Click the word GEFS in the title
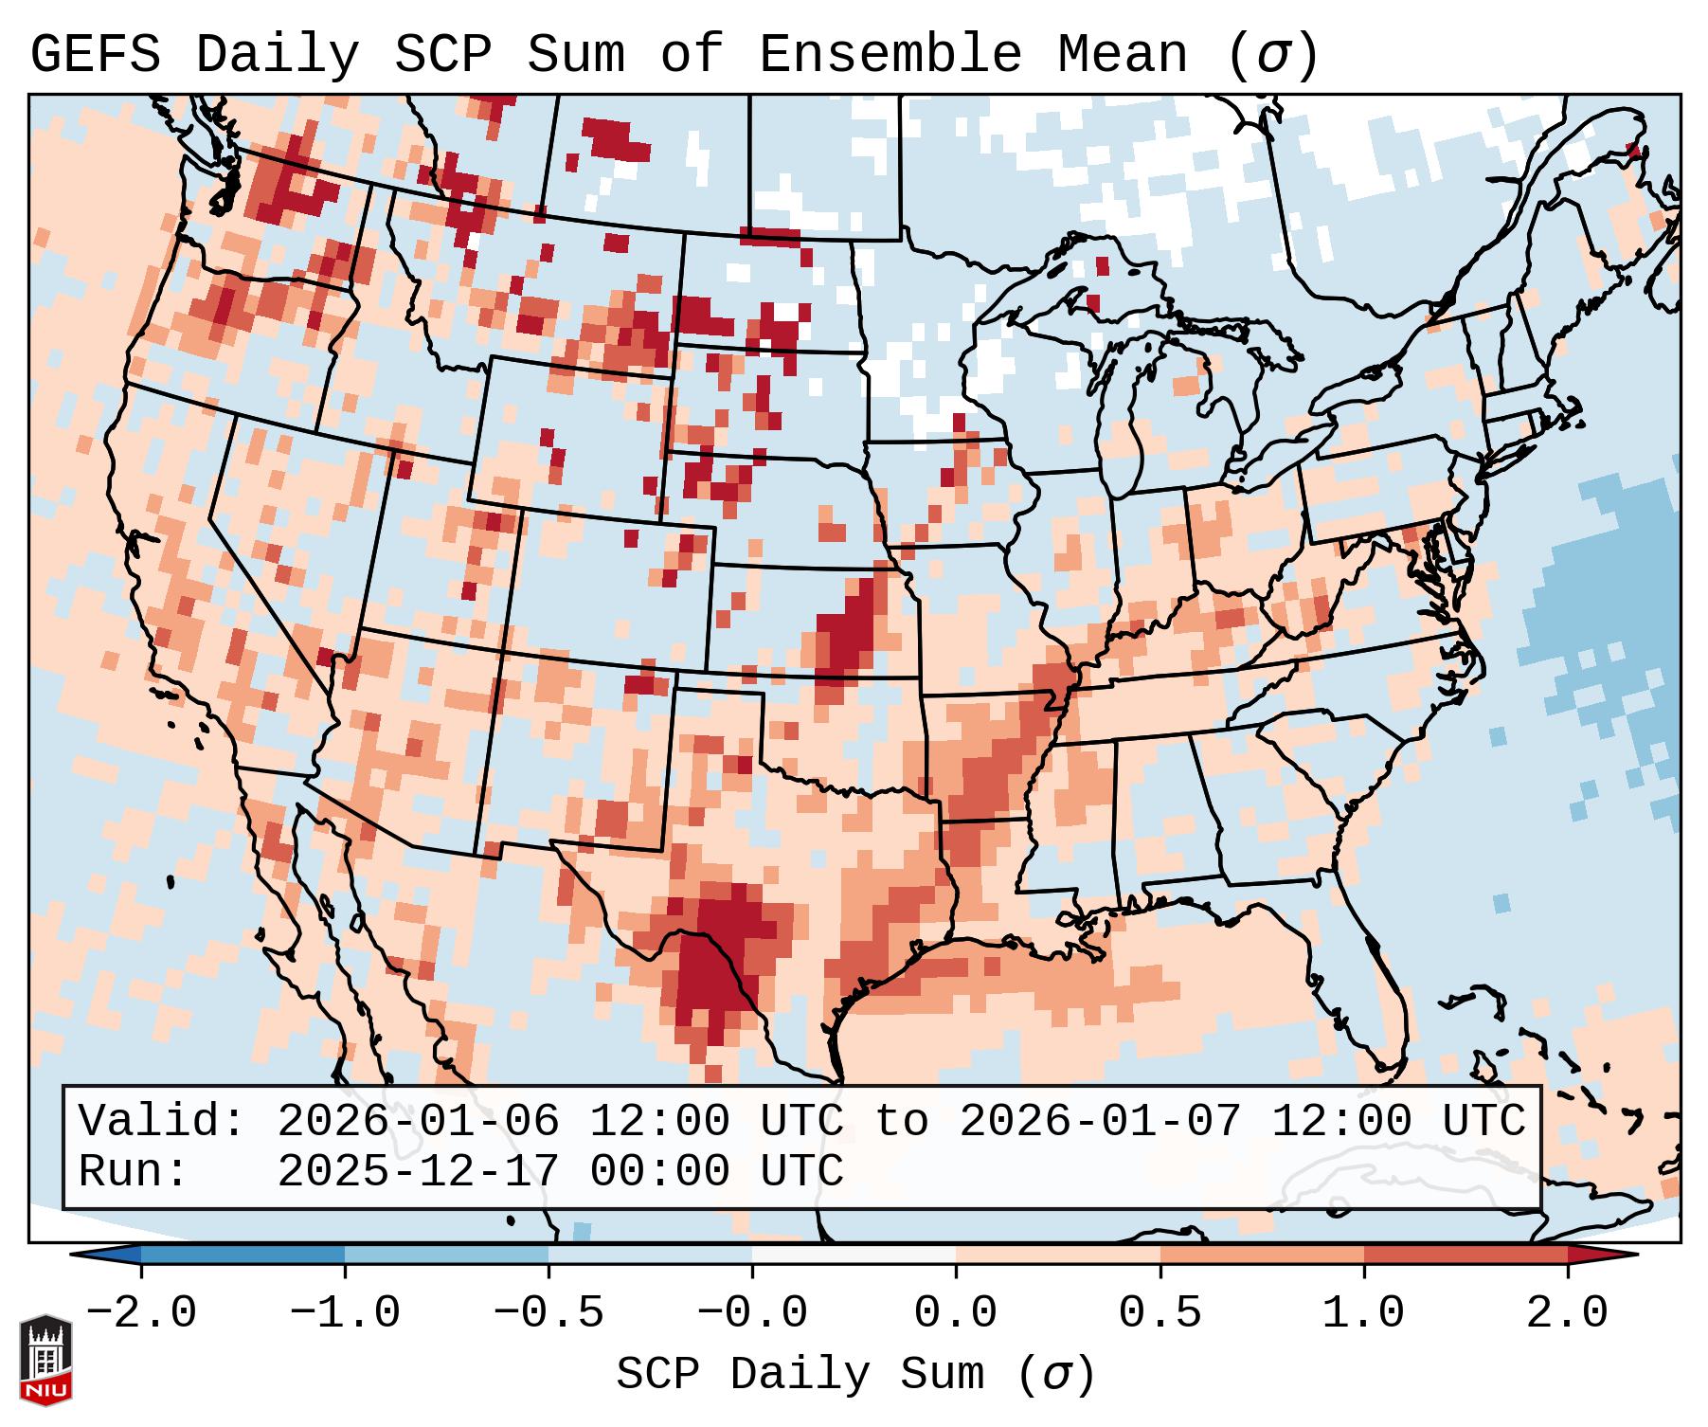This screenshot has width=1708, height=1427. [x=95, y=55]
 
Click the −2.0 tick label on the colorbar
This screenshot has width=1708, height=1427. [x=141, y=1313]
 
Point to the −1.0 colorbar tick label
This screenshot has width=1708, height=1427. [x=345, y=1313]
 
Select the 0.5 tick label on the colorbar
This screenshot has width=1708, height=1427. [x=1160, y=1313]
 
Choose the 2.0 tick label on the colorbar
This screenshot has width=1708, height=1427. [x=1567, y=1313]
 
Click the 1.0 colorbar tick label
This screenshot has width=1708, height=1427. [x=1363, y=1313]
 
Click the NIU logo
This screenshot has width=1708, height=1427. [x=45, y=1360]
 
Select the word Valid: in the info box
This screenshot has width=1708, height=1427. [x=162, y=1121]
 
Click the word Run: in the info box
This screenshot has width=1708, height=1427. [x=134, y=1171]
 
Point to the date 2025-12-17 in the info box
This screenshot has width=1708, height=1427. [x=418, y=1171]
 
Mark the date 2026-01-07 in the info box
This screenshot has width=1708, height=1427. [x=1100, y=1121]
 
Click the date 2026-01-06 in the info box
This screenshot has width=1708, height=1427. [x=418, y=1121]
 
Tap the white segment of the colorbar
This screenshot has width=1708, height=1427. [x=854, y=1255]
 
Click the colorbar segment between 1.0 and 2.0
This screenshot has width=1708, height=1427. [x=1465, y=1255]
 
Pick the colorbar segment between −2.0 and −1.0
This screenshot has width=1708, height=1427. [x=243, y=1255]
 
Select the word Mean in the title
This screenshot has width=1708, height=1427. [x=1122, y=55]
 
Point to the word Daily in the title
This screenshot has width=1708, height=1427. [x=277, y=55]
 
